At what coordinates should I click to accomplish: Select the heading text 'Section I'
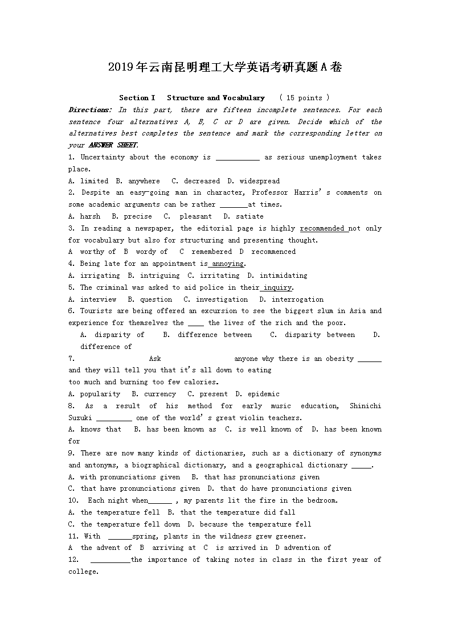137,98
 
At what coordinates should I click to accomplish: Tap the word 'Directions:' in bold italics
90,110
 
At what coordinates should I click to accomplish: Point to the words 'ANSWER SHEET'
113,145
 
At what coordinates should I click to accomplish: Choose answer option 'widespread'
259,181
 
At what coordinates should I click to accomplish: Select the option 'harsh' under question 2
90,216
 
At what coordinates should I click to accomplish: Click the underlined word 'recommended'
323,228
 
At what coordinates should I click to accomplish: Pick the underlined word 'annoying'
227,264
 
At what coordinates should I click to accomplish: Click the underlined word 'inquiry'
277,287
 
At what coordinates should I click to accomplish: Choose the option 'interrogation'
297,299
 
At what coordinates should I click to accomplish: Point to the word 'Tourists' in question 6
96,311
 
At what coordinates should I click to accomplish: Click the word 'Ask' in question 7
155,359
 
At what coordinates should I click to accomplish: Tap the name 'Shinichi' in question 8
365,406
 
